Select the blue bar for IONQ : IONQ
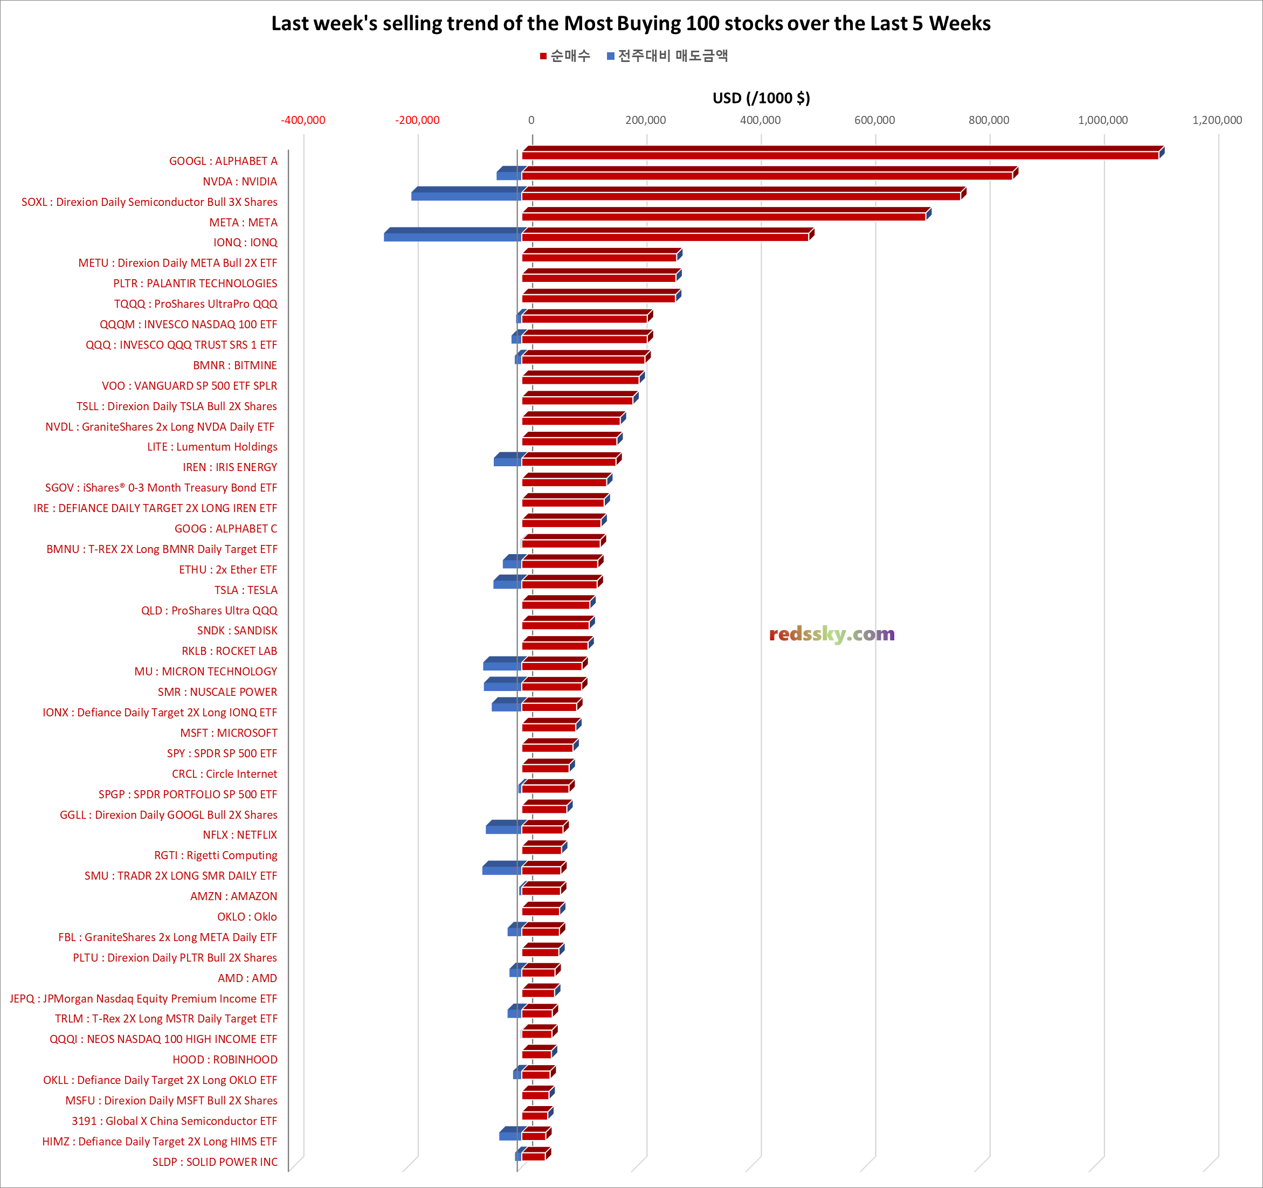[452, 236]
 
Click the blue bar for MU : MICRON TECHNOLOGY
[502, 665]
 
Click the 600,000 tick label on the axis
[874, 120]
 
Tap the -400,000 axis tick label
[303, 120]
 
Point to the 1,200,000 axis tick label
[1217, 120]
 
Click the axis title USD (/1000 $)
[761, 98]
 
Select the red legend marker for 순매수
[543, 57]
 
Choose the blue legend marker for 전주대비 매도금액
[611, 57]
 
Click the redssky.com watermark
[832, 634]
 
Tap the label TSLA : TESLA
[246, 590]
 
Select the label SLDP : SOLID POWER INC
[215, 1162]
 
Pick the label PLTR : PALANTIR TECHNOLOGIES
[195, 284]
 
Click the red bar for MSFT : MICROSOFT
[549, 726]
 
